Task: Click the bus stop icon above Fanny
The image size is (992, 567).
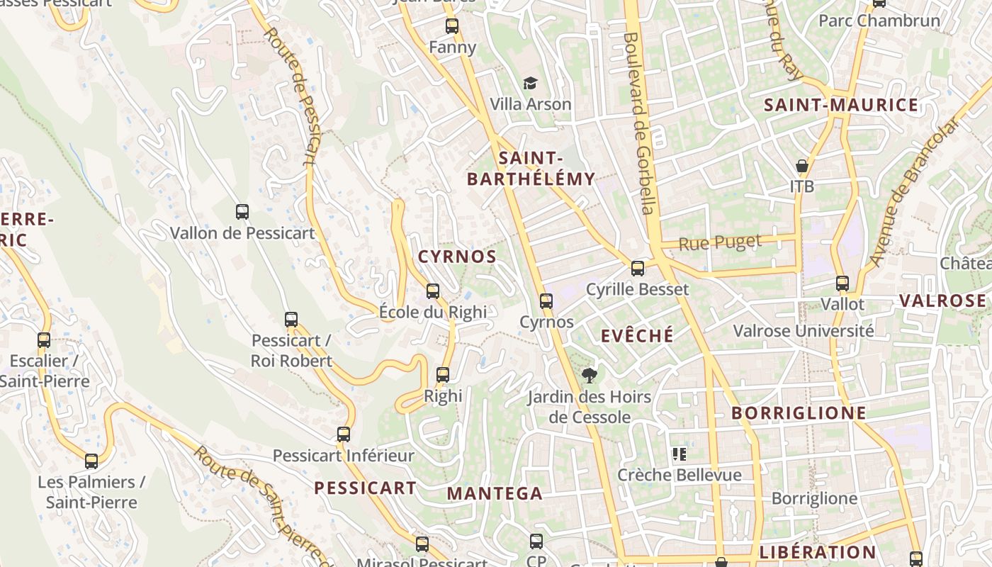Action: tap(452, 26)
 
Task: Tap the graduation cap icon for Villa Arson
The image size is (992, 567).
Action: tap(531, 84)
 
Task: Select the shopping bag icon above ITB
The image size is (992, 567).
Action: tap(802, 166)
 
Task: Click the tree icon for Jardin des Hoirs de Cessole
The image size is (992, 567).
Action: tap(589, 375)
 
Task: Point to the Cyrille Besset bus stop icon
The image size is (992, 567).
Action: tap(638, 268)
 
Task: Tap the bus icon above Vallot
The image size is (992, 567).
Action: tap(842, 283)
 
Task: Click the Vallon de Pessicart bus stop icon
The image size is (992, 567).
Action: tap(242, 211)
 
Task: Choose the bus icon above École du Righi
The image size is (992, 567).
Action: tap(433, 291)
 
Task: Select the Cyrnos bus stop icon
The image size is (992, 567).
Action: tap(546, 301)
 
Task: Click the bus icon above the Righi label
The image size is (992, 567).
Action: tap(443, 374)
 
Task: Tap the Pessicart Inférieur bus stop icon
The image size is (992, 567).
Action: tap(344, 434)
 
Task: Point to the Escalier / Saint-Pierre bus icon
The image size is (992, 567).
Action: tap(44, 339)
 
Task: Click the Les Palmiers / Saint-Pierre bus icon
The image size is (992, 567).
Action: tap(91, 461)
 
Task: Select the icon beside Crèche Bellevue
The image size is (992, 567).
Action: tap(680, 454)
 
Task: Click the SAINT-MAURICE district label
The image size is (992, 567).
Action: tap(840, 106)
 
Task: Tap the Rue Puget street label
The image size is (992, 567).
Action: tap(720, 243)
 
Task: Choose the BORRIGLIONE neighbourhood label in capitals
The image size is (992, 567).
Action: tap(799, 413)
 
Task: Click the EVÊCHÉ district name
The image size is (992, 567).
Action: tap(637, 335)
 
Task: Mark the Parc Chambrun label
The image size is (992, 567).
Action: tap(879, 21)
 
